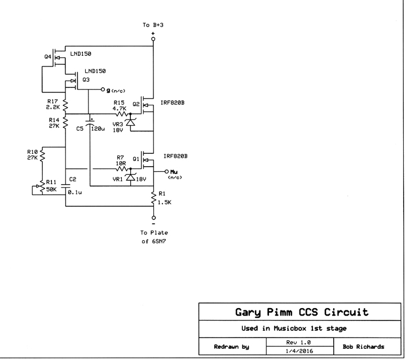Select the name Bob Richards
(360, 346)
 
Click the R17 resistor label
(54, 101)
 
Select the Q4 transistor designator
(48, 57)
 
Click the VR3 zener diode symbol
(130, 121)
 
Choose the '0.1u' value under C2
(75, 193)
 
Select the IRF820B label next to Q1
(175, 155)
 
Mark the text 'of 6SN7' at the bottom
(153, 242)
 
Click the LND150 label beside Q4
(81, 54)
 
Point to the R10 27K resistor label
(33, 154)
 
